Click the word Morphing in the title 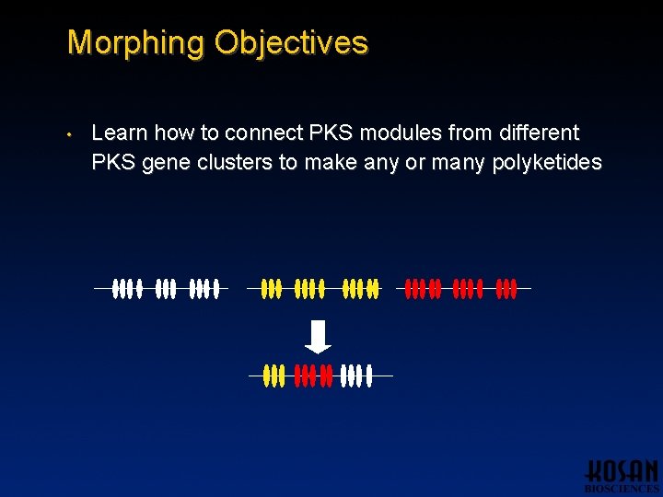[136, 43]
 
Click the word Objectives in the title [291, 43]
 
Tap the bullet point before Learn [69, 134]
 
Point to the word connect [258, 133]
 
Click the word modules [399, 133]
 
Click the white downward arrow [318, 336]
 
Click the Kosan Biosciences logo [622, 475]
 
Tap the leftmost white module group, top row [127, 289]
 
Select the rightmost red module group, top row [506, 289]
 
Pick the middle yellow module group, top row [309, 289]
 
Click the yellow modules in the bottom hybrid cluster [273, 376]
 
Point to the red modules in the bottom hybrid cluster [312, 376]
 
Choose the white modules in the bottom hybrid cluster [356, 376]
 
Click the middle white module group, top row [166, 289]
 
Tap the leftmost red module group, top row [424, 289]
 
